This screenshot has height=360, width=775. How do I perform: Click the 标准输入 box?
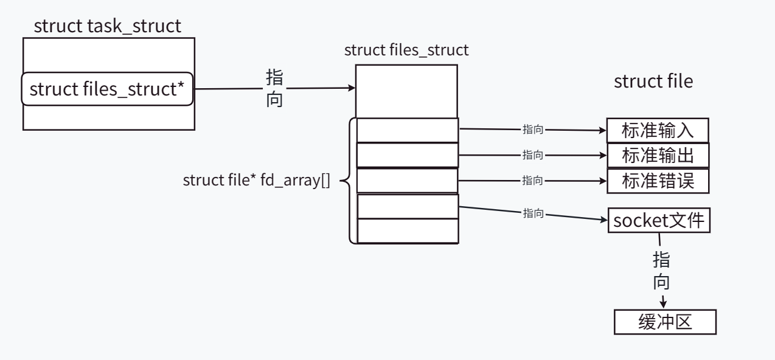658,130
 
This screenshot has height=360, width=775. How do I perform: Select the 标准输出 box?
658,156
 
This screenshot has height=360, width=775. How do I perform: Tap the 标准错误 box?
658,181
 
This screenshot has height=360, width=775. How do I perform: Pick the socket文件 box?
660,220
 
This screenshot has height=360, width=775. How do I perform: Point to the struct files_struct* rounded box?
107,89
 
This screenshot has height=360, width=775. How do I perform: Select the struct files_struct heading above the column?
406,50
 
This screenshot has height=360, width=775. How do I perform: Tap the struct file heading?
653,81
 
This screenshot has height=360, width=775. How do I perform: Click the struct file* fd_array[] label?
256,181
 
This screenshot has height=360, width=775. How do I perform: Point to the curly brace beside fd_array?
347,181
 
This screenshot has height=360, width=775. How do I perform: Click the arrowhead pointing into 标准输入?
603,130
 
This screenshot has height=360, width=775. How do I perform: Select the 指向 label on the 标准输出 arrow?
533,156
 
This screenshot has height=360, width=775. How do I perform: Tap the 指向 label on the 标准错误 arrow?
533,181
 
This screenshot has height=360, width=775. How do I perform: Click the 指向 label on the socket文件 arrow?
533,214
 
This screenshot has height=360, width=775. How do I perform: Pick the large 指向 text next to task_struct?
275,89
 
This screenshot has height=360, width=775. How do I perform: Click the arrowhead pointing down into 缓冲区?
664,303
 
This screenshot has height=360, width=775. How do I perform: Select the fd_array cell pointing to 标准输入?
407,130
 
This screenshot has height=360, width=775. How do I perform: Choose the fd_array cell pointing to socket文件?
407,206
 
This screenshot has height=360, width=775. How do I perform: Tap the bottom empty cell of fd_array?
407,231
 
